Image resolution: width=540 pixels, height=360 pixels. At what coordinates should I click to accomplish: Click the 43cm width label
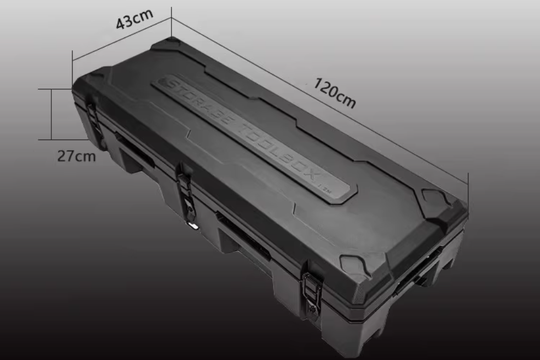coord(134,19)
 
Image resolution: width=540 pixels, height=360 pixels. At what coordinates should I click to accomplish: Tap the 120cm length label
coord(334,93)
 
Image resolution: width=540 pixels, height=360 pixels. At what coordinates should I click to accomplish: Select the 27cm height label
coord(77,156)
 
